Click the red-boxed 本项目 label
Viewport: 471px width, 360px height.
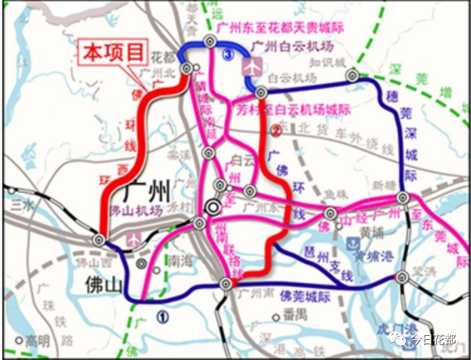click(x=113, y=52)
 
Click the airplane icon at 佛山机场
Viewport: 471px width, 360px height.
click(x=134, y=237)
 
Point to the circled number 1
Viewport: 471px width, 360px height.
click(x=163, y=313)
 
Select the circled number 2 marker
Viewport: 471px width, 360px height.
click(x=275, y=131)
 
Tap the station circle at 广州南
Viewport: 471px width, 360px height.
click(x=225, y=285)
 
